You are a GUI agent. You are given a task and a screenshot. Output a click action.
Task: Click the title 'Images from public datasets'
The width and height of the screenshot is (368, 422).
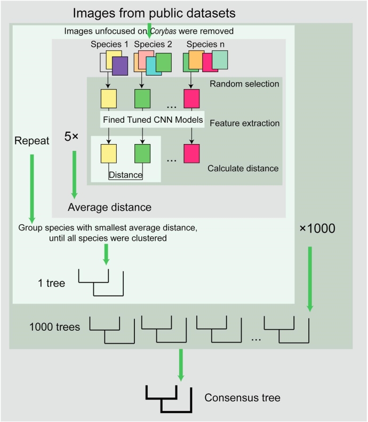pyautogui.click(x=154, y=12)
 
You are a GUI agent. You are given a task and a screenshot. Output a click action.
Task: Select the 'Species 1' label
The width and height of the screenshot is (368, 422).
pyautogui.click(x=110, y=44)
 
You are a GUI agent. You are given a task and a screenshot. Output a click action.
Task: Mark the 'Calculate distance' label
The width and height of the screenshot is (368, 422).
pyautogui.click(x=243, y=168)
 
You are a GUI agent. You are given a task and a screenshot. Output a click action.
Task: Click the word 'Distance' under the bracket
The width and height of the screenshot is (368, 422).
pyautogui.click(x=125, y=174)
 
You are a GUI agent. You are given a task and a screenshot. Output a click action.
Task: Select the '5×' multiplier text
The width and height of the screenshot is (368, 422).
pyautogui.click(x=71, y=136)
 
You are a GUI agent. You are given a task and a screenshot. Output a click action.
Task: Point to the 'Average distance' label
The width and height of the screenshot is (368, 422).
pyautogui.click(x=109, y=206)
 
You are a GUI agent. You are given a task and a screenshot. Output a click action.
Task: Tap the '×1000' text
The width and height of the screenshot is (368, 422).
pyautogui.click(x=317, y=229)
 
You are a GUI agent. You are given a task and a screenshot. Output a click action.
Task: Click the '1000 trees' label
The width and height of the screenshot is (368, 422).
pyautogui.click(x=54, y=327)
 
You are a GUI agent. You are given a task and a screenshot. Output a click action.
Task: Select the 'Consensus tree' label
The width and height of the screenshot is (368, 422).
pyautogui.click(x=242, y=397)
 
